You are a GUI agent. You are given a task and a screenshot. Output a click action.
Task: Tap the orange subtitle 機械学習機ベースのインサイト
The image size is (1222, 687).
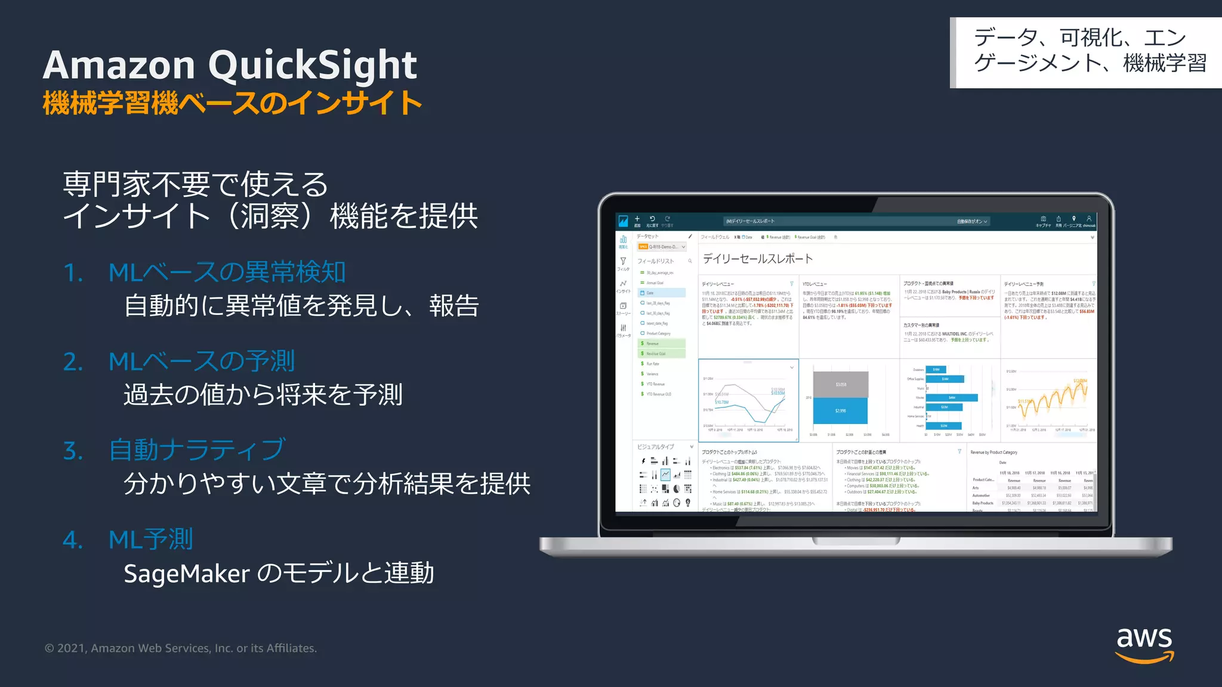[x=232, y=103]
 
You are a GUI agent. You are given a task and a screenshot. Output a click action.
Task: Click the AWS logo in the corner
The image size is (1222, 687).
[x=1144, y=645]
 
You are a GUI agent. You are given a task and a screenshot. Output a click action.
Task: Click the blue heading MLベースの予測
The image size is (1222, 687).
[x=202, y=361]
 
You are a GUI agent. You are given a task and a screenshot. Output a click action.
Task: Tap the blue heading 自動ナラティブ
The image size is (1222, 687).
[x=197, y=450]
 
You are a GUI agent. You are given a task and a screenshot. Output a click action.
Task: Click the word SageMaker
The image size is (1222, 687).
[x=186, y=574]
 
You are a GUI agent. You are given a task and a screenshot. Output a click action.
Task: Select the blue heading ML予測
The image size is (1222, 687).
[x=150, y=540]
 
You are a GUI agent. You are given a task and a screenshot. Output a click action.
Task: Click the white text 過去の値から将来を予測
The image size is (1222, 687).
[x=263, y=395]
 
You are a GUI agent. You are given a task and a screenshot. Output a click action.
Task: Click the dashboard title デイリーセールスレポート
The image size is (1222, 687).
[x=757, y=259]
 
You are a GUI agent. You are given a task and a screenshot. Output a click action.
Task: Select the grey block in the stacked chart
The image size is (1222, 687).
[x=840, y=385]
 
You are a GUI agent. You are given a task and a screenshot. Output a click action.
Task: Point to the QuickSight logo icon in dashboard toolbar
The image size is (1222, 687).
[x=623, y=221]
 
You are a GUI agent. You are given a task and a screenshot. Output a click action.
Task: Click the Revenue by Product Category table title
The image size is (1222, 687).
[x=993, y=453]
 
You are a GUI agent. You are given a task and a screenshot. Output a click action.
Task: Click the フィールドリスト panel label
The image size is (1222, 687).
[x=655, y=261]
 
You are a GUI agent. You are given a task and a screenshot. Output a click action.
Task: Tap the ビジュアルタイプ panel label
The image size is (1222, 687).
[x=655, y=447]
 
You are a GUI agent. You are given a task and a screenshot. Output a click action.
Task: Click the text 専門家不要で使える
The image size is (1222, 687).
[x=195, y=184]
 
